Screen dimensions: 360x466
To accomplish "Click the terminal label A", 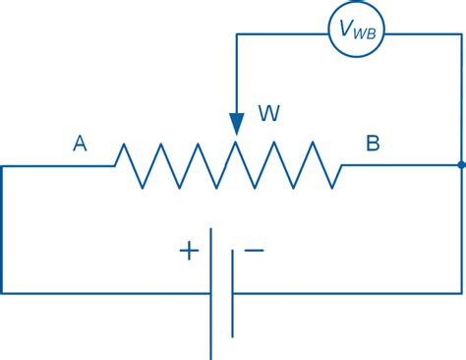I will (80, 145).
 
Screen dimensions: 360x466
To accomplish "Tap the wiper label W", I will (267, 114).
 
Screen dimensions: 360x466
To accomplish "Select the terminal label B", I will (373, 145).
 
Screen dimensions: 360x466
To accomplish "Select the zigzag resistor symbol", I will (228, 165).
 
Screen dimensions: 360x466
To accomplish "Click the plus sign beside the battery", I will (188, 251).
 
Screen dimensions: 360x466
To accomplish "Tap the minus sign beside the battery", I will (254, 251).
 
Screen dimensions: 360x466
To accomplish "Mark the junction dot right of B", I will (462, 165).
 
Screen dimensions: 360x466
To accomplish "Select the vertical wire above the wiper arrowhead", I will (237, 74).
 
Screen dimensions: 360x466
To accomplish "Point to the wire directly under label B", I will (373, 165).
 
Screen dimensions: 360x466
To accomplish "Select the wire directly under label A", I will (59, 165).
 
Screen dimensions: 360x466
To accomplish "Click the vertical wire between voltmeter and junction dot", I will (462, 98).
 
